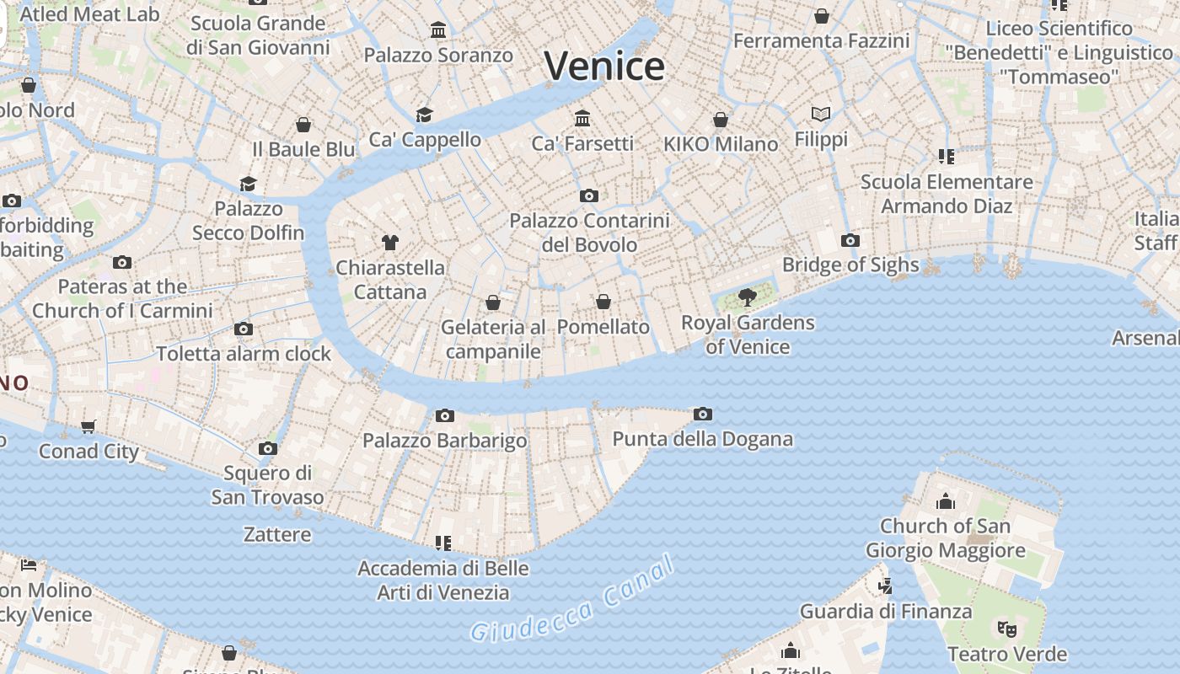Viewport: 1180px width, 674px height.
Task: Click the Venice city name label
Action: [604, 66]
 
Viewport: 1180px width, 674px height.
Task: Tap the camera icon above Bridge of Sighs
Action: [850, 241]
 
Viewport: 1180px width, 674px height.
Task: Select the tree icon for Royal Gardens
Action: [747, 297]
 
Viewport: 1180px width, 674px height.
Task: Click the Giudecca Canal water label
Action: [574, 600]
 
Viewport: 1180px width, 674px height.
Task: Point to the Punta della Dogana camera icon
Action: [703, 414]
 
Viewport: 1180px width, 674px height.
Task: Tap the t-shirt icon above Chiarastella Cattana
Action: [389, 243]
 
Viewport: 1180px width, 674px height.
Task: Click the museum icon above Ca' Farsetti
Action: [582, 117]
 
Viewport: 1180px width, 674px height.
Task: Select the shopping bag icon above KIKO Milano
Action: [721, 120]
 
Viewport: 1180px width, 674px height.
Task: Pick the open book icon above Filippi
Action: [821, 114]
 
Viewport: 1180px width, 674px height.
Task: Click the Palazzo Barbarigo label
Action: [445, 441]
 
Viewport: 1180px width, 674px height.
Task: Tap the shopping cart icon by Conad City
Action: [88, 426]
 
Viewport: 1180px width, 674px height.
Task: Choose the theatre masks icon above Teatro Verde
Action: [1007, 629]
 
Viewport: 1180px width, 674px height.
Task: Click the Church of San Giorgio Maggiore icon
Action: [946, 502]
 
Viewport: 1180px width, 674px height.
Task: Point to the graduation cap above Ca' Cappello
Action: [424, 115]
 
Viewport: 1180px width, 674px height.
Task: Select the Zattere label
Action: [277, 534]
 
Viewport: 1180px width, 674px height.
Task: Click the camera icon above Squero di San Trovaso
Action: [268, 448]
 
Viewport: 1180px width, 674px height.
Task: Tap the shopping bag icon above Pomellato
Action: [603, 302]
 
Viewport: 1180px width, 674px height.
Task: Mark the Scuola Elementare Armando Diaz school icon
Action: [946, 157]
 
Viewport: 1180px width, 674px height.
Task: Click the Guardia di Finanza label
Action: [886, 611]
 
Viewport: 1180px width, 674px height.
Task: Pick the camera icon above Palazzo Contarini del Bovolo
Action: [589, 196]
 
